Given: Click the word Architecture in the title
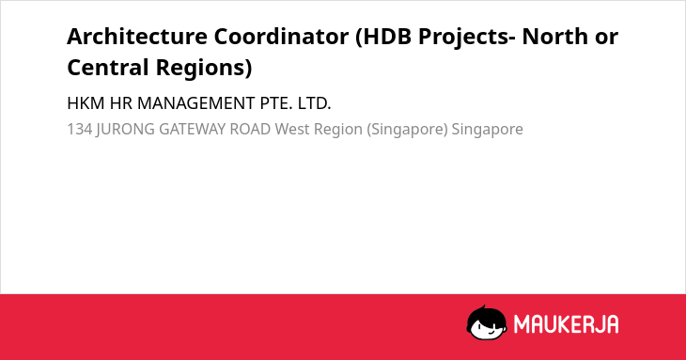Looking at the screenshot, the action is pyautogui.click(x=137, y=36).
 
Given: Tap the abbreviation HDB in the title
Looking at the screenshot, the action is pyautogui.click(x=387, y=36).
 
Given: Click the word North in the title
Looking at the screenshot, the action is pyautogui.click(x=554, y=36).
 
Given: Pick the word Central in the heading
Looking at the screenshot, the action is pyautogui.click(x=108, y=68).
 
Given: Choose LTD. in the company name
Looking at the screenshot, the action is pyautogui.click(x=314, y=103).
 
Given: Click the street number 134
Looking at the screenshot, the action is pyautogui.click(x=80, y=129).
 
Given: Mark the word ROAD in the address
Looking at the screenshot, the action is pyautogui.click(x=250, y=129).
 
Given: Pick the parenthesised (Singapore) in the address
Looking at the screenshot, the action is pyautogui.click(x=407, y=130).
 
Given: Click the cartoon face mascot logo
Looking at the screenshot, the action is pyautogui.click(x=487, y=322).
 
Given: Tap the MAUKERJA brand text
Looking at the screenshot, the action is pyautogui.click(x=566, y=324).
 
